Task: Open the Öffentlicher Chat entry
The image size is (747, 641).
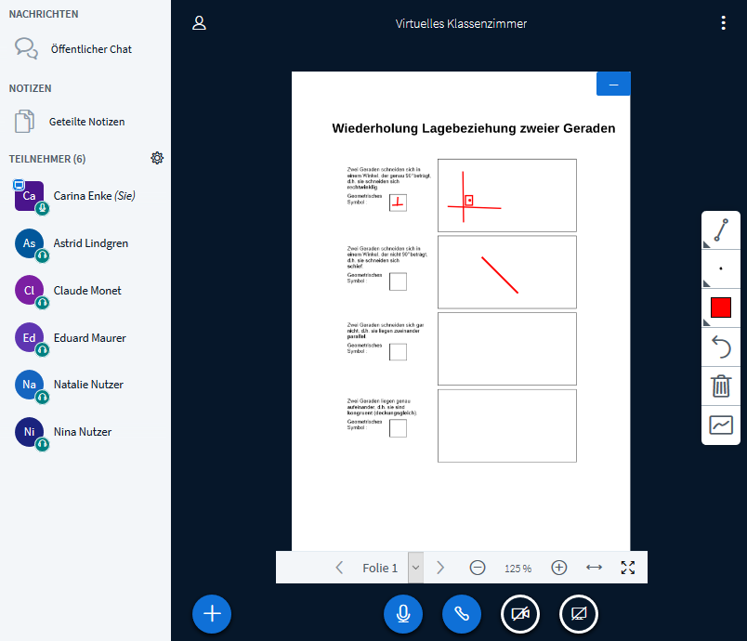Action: pyautogui.click(x=91, y=49)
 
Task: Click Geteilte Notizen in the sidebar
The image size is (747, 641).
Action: pyautogui.click(x=86, y=122)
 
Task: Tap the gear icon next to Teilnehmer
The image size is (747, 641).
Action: pyautogui.click(x=157, y=158)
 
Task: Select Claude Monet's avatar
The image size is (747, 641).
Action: pyautogui.click(x=30, y=291)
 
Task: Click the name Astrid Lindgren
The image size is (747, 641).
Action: pyautogui.click(x=91, y=243)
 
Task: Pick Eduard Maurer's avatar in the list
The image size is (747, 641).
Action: pyautogui.click(x=30, y=338)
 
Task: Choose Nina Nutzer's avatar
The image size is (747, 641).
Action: pyautogui.click(x=30, y=432)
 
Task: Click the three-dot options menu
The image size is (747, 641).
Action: pyautogui.click(x=724, y=23)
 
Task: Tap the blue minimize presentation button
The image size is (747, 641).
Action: pyautogui.click(x=613, y=84)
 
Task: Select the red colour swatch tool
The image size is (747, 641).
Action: pyautogui.click(x=721, y=307)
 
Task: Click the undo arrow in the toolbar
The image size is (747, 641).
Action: pyautogui.click(x=721, y=347)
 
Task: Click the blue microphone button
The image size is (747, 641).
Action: pyautogui.click(x=403, y=613)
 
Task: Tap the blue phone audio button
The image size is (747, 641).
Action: pyautogui.click(x=462, y=613)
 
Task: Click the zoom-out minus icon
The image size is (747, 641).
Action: pyautogui.click(x=478, y=568)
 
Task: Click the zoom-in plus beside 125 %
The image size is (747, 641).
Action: pyautogui.click(x=558, y=568)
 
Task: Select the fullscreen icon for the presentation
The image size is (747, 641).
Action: pyautogui.click(x=628, y=568)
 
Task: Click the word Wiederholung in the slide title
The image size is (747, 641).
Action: pyautogui.click(x=374, y=128)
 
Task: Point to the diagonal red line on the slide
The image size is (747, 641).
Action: pyautogui.click(x=499, y=275)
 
